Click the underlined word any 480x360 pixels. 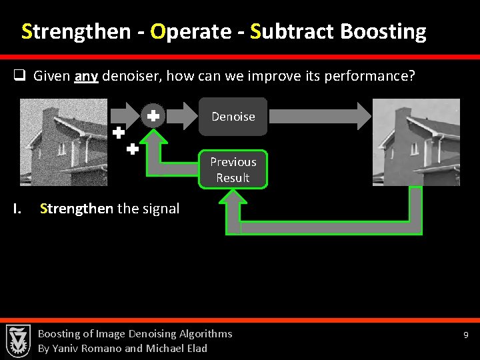(87, 76)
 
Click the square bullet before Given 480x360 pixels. (20, 76)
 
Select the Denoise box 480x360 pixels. (233, 117)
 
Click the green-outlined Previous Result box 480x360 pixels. (233, 169)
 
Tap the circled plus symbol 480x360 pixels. (153, 116)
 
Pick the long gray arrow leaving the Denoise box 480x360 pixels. (319, 116)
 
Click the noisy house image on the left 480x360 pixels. (63, 142)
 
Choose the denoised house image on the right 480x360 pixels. (416, 142)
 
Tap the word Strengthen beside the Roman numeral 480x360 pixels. (77, 209)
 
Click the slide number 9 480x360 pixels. (467, 335)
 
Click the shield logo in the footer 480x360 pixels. (18, 340)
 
